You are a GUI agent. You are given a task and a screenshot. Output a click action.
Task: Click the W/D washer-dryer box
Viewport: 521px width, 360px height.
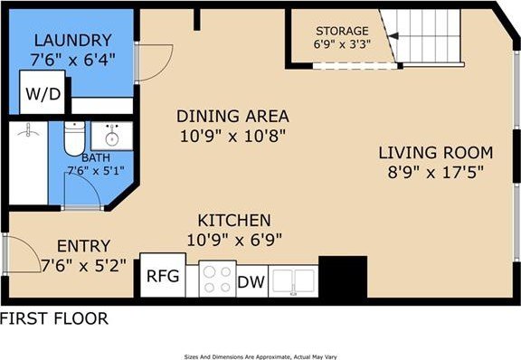(43, 93)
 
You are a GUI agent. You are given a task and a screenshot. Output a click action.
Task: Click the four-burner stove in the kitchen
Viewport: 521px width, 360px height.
(217, 279)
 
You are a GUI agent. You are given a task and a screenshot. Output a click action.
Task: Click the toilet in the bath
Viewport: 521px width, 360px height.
(74, 140)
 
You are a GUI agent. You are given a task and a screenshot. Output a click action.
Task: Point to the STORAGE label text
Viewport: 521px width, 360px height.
(342, 31)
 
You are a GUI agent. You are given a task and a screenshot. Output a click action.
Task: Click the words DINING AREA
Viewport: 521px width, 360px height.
(232, 116)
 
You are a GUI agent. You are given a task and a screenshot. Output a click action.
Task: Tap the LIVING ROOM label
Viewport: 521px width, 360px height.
(435, 152)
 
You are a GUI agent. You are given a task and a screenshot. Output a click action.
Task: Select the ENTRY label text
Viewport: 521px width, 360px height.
(83, 246)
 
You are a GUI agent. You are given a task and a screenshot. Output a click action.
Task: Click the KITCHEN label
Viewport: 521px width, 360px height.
(234, 220)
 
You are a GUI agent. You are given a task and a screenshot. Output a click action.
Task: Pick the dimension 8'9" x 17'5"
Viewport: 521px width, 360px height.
(435, 172)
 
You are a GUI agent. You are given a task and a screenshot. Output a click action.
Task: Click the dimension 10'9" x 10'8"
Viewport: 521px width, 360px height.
(232, 136)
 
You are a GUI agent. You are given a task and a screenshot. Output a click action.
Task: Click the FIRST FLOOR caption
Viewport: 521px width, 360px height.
(54, 318)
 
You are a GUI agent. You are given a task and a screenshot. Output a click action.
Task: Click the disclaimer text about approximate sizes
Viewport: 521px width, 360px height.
(260, 355)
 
